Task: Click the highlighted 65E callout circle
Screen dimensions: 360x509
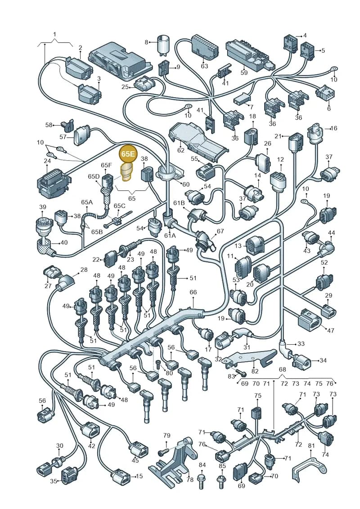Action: point(127,153)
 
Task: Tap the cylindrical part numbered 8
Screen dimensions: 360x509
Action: point(163,44)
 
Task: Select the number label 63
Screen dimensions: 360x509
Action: point(204,66)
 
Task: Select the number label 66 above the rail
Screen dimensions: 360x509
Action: point(193,292)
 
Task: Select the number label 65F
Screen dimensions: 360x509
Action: point(106,165)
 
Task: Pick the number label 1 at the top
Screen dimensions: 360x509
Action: point(54,34)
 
